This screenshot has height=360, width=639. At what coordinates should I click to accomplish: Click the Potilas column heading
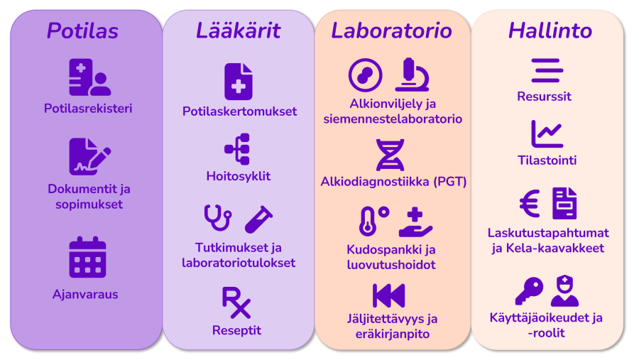pos(83,31)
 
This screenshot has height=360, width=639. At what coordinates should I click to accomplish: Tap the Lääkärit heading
pos(239,30)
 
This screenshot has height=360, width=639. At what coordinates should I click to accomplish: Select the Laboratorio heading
pos(392,31)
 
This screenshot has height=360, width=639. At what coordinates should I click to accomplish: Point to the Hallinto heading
pos(550,31)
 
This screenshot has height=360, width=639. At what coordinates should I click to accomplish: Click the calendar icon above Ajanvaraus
pos(87,257)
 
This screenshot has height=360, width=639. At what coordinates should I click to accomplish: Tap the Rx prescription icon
pos(236,302)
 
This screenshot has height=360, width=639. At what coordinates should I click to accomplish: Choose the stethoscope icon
pos(218,218)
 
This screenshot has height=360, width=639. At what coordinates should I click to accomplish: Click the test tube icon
pos(258,219)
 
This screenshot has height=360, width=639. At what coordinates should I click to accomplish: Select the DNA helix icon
pos(390,155)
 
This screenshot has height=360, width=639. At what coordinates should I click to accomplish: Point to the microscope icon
pos(412,75)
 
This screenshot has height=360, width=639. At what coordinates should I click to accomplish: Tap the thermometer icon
pos(368,222)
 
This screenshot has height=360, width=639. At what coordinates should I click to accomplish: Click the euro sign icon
pos(530,203)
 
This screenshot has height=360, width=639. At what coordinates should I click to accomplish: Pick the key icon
pos(529,290)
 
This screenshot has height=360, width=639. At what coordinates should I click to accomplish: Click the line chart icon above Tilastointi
pos(547,133)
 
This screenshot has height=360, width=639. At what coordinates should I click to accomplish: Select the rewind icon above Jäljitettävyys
pos(389,295)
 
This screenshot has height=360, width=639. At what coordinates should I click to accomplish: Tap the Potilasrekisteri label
pos(88,109)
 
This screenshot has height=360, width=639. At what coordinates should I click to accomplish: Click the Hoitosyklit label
pos(239,176)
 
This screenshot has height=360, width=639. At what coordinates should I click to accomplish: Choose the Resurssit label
pos(544,97)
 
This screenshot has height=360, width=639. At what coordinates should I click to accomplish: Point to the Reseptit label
pos(236,330)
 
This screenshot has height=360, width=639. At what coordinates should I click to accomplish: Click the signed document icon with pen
pos(89,157)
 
